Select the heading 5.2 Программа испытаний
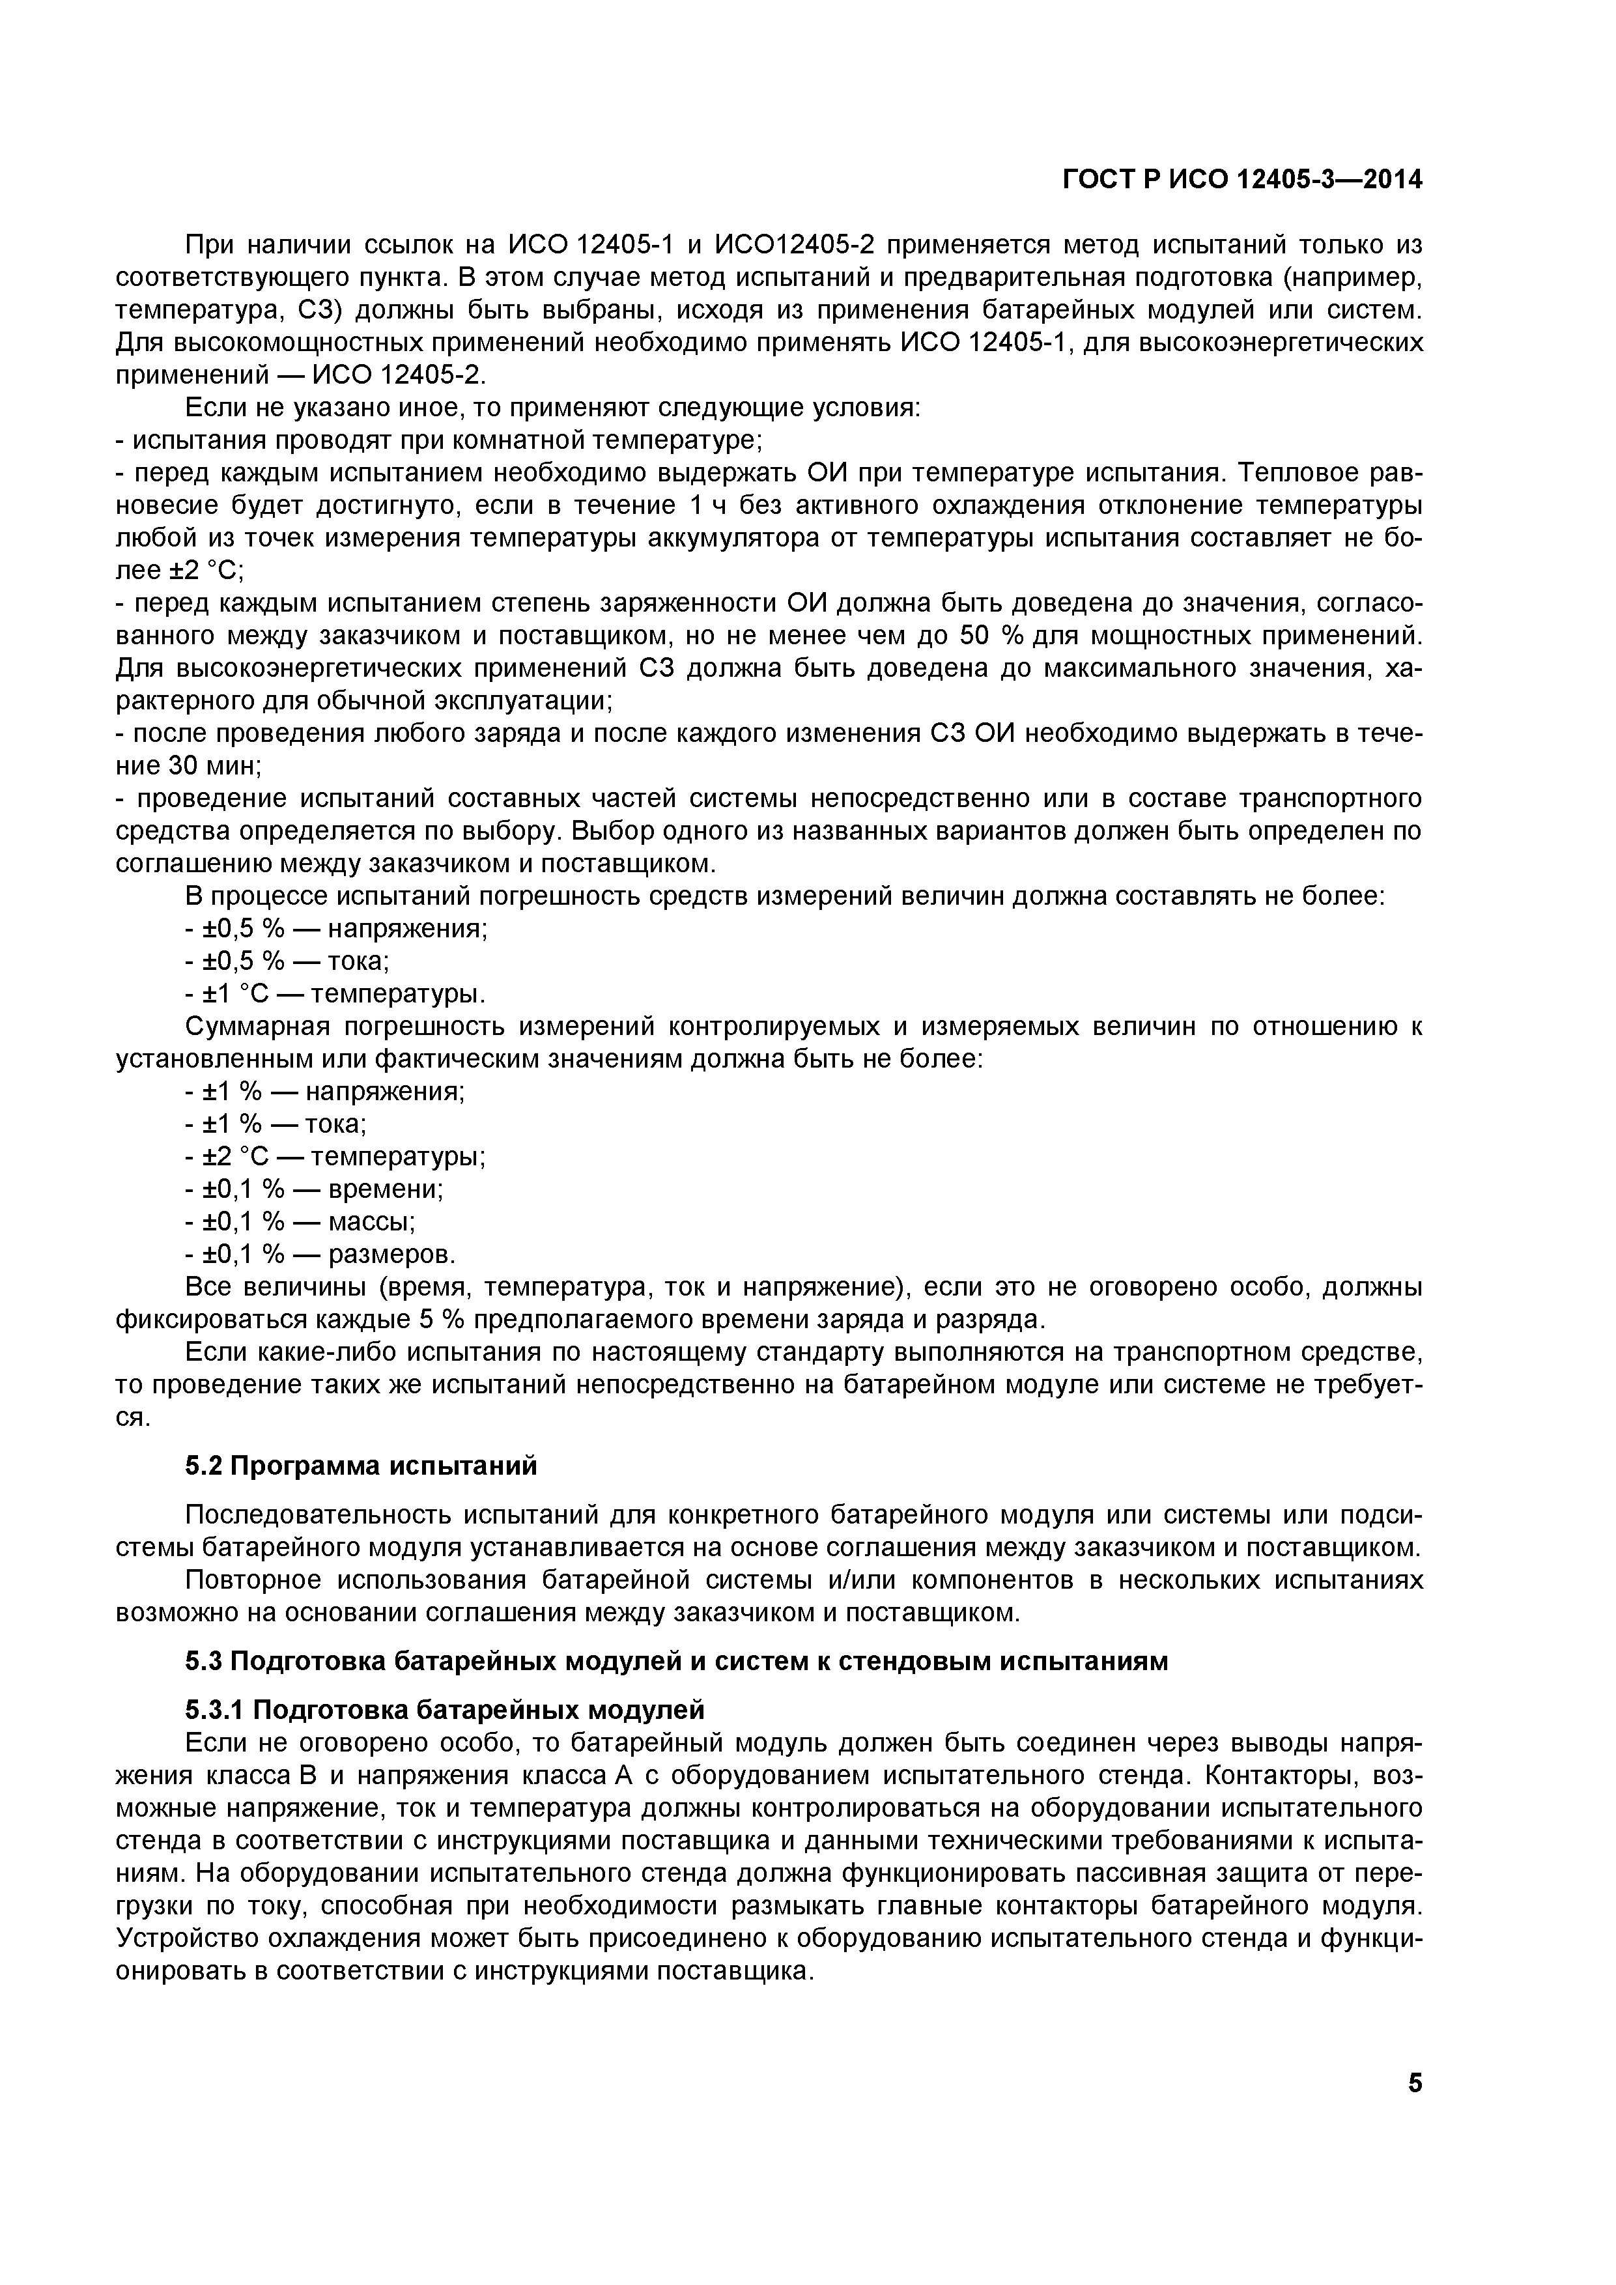coord(361,1466)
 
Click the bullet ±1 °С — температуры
coord(336,994)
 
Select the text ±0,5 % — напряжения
coord(336,929)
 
